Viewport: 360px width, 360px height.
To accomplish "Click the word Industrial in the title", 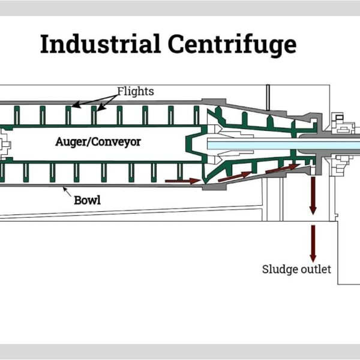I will tap(100, 45).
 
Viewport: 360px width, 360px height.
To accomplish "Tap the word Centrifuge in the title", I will tap(230, 45).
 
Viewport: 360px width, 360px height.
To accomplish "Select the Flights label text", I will tap(136, 92).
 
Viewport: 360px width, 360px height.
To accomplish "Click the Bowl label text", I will tap(87, 200).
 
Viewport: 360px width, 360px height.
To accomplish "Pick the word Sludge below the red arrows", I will tap(280, 269).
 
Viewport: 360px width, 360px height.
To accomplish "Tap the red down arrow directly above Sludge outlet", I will tap(313, 243).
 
